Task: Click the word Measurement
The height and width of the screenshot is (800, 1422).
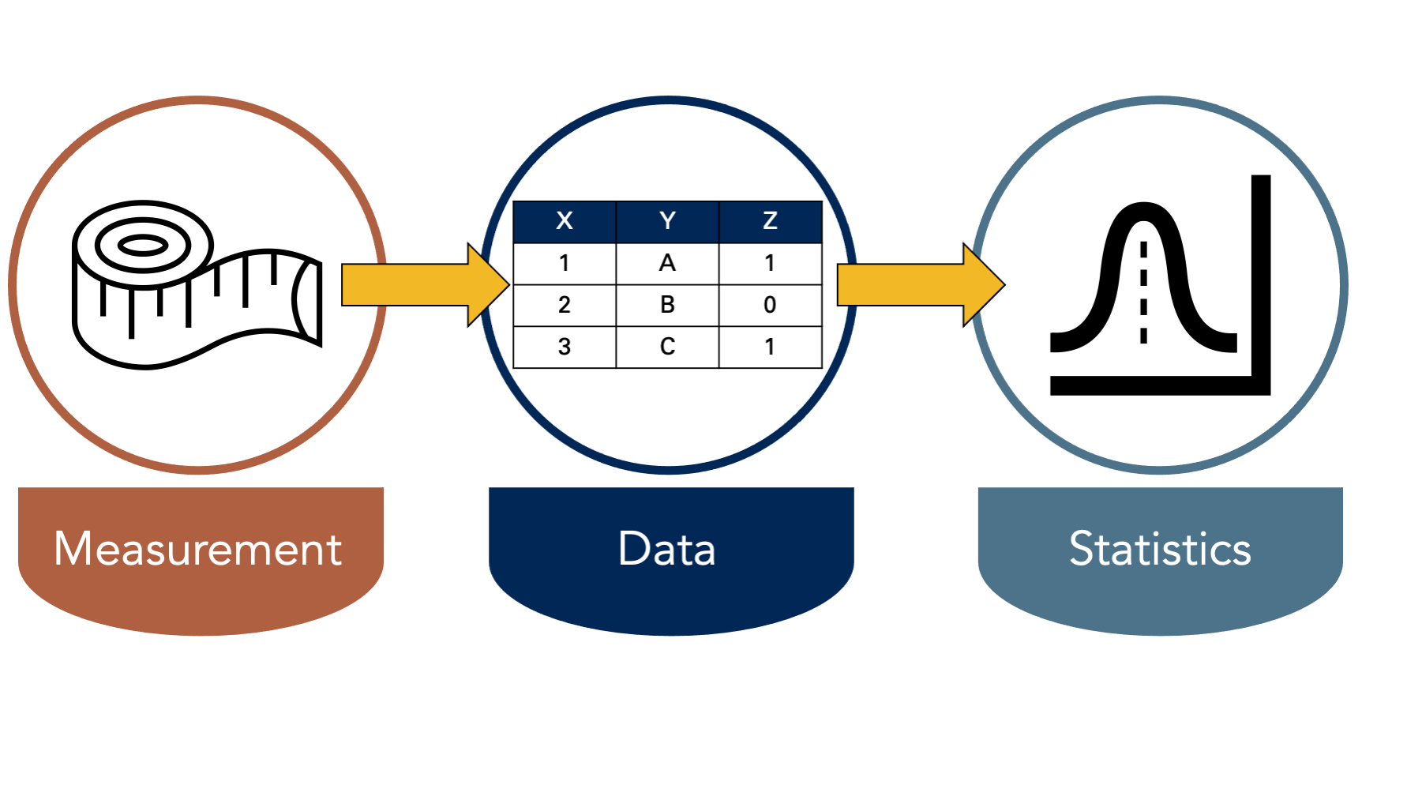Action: [x=198, y=548]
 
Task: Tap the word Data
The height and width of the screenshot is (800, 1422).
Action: [x=667, y=548]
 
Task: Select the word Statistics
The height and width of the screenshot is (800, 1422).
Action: [x=1160, y=548]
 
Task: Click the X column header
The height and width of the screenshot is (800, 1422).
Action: [x=565, y=221]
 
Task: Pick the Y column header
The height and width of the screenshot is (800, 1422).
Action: [x=667, y=221]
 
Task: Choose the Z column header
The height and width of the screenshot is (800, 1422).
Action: [x=771, y=221]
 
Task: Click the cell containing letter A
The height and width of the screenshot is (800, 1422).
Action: [x=667, y=263]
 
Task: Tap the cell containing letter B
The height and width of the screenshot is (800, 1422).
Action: [x=667, y=305]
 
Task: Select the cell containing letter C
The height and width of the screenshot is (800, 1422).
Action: [x=667, y=347]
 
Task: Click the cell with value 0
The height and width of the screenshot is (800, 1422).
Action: [x=771, y=305]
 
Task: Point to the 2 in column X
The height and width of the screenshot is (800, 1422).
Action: [x=565, y=305]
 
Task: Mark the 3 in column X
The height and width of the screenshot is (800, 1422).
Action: [x=565, y=347]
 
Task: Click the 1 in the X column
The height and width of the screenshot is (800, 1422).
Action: [x=565, y=263]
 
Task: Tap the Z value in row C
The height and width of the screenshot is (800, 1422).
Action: [x=771, y=347]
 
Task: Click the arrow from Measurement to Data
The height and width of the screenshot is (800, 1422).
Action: [x=426, y=284]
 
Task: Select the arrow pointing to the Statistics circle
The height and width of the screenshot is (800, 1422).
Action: [x=921, y=284]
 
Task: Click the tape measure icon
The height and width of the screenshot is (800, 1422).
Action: [x=197, y=284]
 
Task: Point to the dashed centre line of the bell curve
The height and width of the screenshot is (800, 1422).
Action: [x=1143, y=292]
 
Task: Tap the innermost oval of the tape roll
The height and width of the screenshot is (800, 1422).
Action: [x=143, y=246]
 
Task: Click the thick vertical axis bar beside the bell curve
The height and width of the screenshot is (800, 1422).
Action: [x=1261, y=284]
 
